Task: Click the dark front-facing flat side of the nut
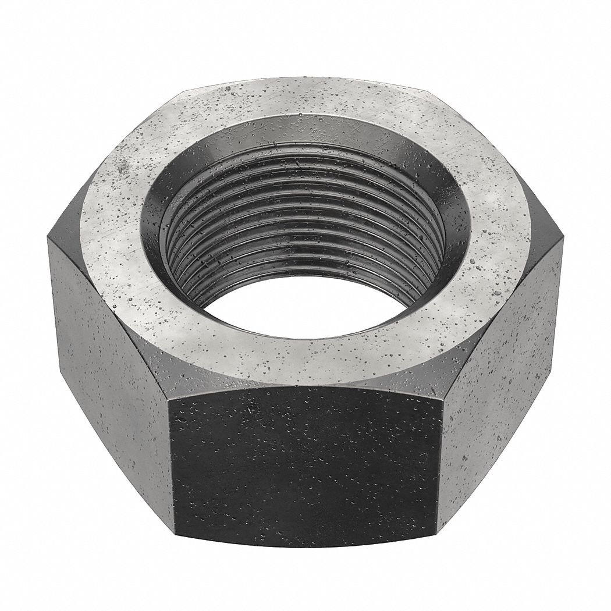(x=305, y=460)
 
